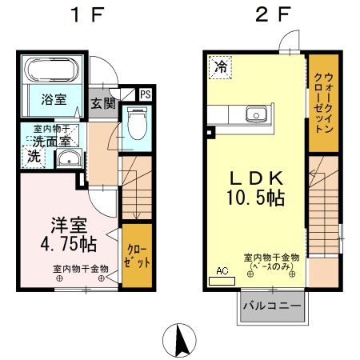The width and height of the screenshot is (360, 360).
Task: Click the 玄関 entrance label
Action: pos(102,102)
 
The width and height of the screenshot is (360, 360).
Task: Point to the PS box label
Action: pos(145,94)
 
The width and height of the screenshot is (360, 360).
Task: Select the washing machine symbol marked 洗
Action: pos(34,157)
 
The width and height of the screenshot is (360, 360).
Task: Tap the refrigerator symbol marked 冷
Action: pos(219,68)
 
